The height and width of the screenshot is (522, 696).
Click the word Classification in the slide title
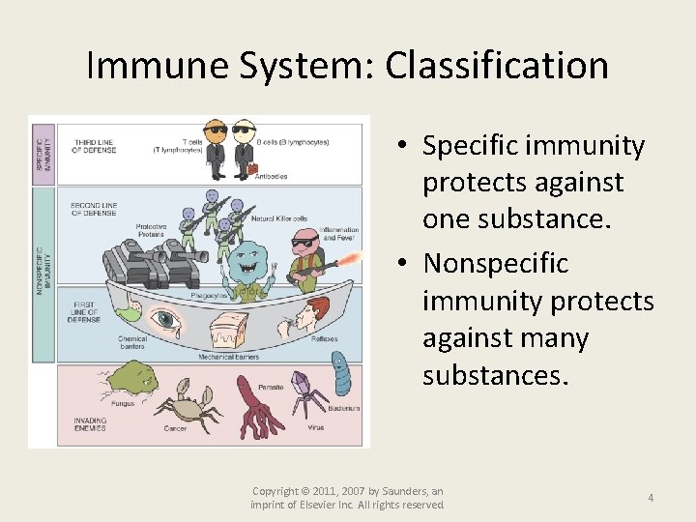pos(497,66)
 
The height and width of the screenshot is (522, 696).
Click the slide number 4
pos(651,498)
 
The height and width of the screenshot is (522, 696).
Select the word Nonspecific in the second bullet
pos(496,264)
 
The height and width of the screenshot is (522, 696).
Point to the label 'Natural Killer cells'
pos(279,219)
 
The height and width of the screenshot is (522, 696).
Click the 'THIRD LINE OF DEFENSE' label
pos(95,147)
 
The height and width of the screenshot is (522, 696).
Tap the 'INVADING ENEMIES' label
pos(90,424)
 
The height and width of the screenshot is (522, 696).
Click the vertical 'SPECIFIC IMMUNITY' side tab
pos(42,151)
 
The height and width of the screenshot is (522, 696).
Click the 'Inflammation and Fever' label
pos(340,234)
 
